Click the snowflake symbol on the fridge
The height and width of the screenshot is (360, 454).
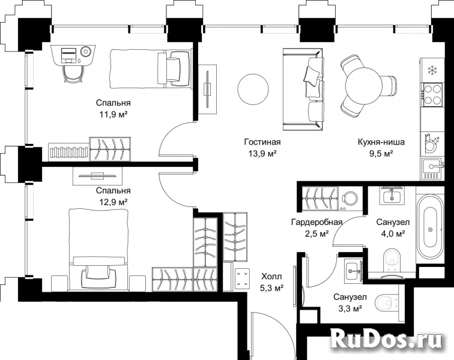pyautogui.click(x=433, y=70)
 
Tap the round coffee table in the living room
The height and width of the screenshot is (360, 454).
pyautogui.click(x=253, y=89)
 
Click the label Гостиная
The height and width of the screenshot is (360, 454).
pyautogui.click(x=262, y=142)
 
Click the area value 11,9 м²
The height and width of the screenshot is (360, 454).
pyautogui.click(x=114, y=115)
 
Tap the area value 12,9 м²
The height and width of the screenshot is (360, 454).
pyautogui.click(x=114, y=202)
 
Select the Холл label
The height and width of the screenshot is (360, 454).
pyautogui.click(x=271, y=277)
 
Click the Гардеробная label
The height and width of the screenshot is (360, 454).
pyautogui.click(x=316, y=222)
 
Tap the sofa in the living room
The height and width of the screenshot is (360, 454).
pyautogui.click(x=303, y=90)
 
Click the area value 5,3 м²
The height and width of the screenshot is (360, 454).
pyautogui.click(x=271, y=288)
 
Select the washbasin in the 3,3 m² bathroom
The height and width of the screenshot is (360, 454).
pyautogui.click(x=353, y=271)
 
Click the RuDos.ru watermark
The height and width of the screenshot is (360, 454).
pyautogui.click(x=387, y=339)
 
